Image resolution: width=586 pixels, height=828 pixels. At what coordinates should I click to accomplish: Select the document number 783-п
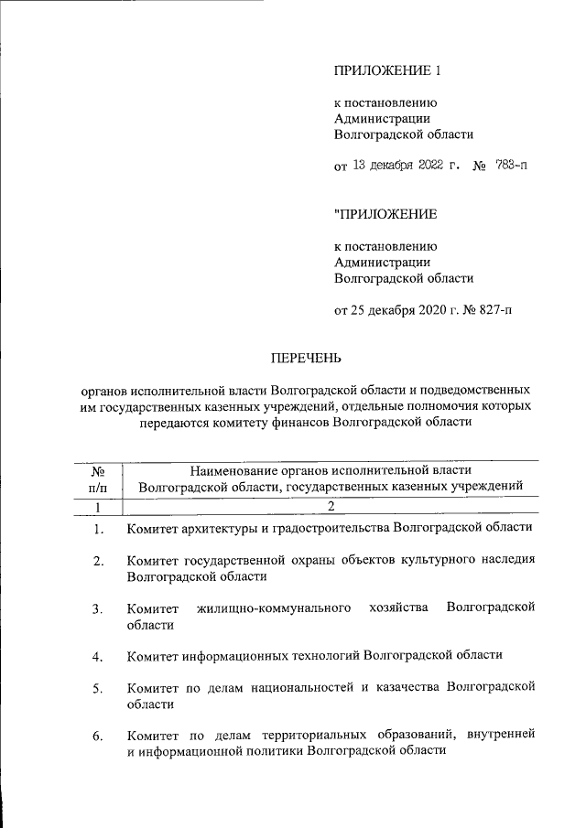(x=511, y=166)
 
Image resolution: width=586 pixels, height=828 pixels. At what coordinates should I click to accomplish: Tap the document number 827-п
(x=494, y=310)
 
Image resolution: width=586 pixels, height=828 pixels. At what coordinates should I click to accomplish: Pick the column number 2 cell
(x=331, y=505)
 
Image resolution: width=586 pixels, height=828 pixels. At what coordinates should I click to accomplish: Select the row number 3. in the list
(x=98, y=608)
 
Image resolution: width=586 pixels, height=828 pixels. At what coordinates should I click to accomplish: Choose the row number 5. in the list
(x=98, y=688)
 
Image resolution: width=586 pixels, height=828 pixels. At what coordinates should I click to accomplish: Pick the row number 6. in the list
(x=98, y=736)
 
